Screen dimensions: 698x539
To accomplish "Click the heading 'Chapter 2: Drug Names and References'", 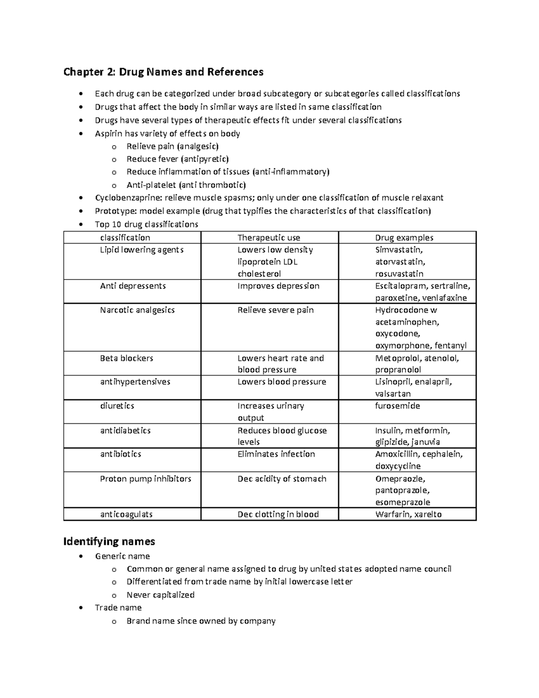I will coord(163,72).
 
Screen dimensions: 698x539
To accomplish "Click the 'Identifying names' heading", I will coord(109,541).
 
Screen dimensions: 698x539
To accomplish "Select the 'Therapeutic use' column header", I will coord(269,238).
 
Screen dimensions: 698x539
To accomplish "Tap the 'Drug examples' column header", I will coord(404,238).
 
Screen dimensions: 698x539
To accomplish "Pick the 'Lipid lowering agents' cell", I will coord(141,250).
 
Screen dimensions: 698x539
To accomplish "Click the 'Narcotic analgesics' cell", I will coord(137,310).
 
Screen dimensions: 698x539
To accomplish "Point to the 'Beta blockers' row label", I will coord(126,358).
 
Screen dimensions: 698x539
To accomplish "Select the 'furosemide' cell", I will coord(398,406).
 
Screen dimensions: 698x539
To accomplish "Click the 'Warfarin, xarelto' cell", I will coord(408,514).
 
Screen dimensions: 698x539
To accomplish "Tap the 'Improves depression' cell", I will coord(278,286).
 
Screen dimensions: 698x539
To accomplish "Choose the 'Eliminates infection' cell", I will coord(276,454).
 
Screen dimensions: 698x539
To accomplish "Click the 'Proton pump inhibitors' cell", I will coord(146,479).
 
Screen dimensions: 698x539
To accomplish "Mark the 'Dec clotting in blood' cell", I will coord(278,514).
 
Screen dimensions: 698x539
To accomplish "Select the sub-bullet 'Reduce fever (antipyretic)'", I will coord(177,159).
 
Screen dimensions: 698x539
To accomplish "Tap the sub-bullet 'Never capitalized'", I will coord(160,595).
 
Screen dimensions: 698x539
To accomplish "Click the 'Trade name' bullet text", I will coord(118,608).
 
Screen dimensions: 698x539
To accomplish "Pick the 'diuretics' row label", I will coord(117,406).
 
